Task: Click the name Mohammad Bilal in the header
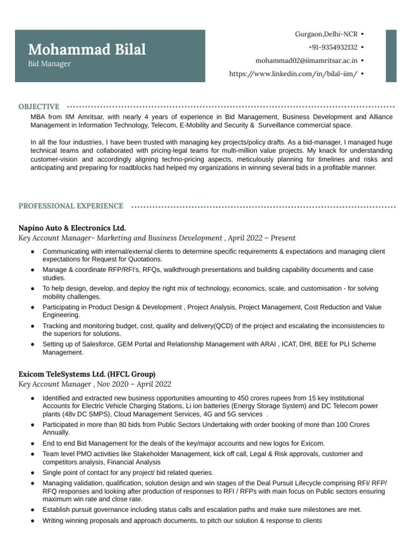86,50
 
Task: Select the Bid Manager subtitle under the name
49,63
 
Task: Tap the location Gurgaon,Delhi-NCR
326,34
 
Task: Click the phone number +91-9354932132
333,47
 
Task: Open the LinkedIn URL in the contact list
293,74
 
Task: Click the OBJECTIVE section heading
39,107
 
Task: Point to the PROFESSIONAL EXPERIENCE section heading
71,206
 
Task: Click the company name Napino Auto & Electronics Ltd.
72,228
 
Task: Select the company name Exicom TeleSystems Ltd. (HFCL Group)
87,374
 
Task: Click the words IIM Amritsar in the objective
83,117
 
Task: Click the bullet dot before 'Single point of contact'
33,473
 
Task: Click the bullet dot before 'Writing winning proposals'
33,520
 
